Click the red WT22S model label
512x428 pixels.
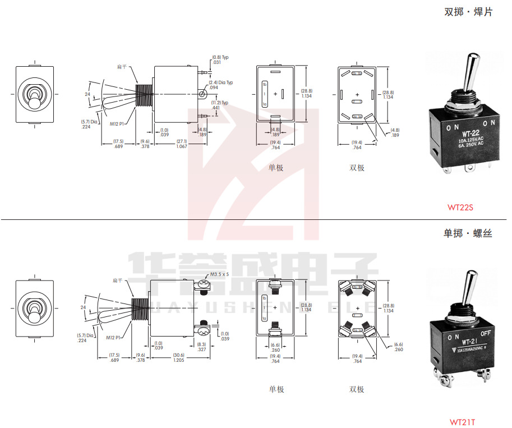coord(460,207)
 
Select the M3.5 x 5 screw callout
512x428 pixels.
coord(220,275)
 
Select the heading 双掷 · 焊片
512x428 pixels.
coord(468,12)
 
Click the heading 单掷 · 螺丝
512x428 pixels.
coord(468,233)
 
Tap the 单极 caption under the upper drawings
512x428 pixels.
coord(276,167)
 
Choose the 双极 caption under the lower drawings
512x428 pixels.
coord(357,389)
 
